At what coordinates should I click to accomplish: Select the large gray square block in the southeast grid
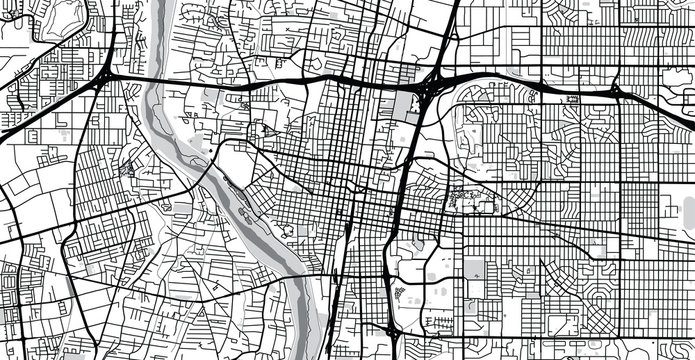pos(473,269)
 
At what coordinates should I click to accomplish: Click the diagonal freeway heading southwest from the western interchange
pos(50,110)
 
